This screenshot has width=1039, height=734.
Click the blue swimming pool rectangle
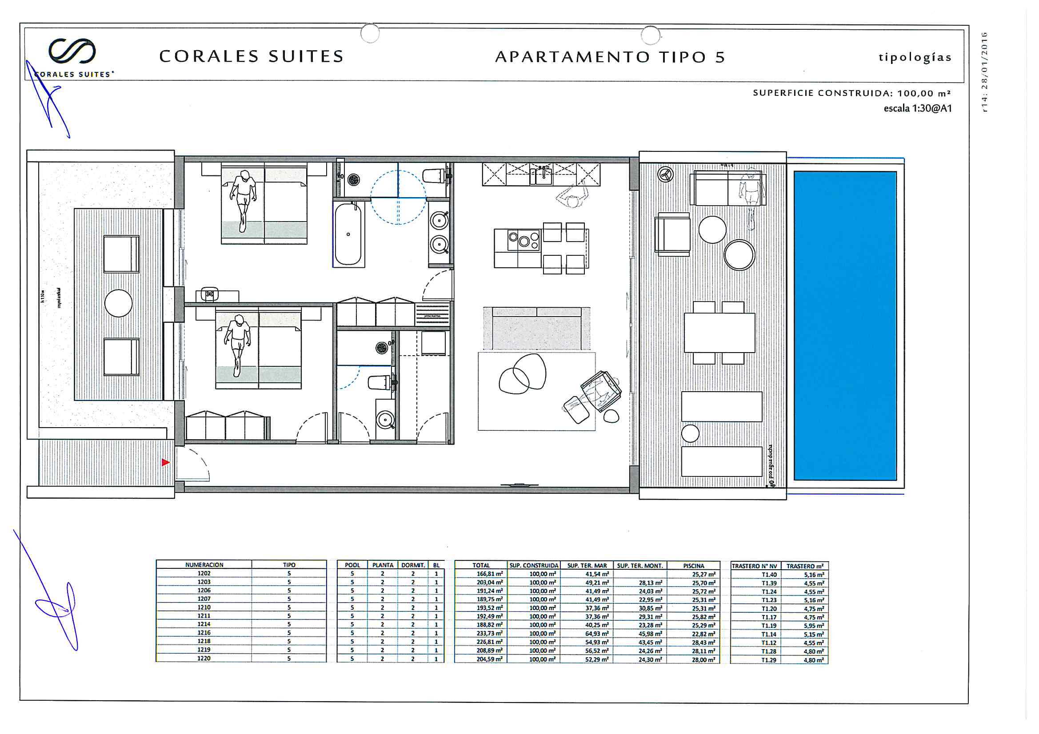click(x=845, y=325)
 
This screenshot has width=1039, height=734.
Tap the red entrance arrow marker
click(x=166, y=462)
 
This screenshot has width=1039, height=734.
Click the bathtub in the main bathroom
click(x=348, y=234)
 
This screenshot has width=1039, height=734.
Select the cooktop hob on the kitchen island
click(x=523, y=240)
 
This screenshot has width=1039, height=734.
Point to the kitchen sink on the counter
click(x=543, y=177)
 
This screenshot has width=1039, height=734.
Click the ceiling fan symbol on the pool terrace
click(x=665, y=174)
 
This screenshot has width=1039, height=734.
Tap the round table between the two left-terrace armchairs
click(x=119, y=303)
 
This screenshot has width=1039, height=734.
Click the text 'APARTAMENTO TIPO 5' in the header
click(x=610, y=57)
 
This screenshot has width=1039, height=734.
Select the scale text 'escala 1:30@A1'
click(x=917, y=108)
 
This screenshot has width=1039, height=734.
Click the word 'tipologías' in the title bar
click(x=915, y=57)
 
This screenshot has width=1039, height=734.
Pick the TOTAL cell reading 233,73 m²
click(x=489, y=633)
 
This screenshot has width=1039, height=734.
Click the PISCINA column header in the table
click(x=693, y=566)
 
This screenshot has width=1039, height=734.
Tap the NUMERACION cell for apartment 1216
click(x=204, y=633)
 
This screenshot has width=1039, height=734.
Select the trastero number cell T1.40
click(x=768, y=574)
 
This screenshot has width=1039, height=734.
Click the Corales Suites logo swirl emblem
click(x=72, y=51)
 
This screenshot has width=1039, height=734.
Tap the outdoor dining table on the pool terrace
click(x=719, y=333)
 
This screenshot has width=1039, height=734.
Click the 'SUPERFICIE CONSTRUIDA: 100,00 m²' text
click(x=851, y=93)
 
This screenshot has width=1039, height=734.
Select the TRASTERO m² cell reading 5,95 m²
click(x=813, y=626)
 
